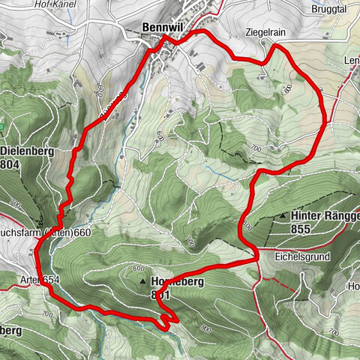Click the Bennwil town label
tap(163, 28)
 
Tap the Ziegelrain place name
tap(265, 34)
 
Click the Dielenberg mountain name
tap(27, 151)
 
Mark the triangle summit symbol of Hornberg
tap(142, 282)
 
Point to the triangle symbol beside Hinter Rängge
tap(283, 216)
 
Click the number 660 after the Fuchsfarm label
tap(82, 232)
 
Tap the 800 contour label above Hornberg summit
tap(137, 268)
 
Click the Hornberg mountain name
tap(177, 282)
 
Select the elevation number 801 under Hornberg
tap(161, 295)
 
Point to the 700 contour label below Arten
tap(49, 312)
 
